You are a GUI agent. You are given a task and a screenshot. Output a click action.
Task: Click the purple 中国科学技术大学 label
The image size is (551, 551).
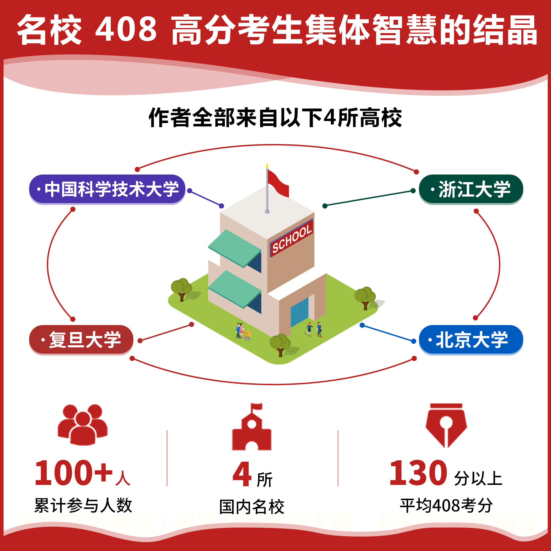point(107,189)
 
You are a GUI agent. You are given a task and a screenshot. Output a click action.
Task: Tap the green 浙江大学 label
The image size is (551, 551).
point(471,189)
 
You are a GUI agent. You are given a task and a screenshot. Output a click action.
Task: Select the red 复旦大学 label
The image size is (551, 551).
point(81,339)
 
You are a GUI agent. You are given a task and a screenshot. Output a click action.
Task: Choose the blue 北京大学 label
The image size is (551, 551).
point(471,339)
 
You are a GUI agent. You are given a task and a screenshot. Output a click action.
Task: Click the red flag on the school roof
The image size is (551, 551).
point(278,184)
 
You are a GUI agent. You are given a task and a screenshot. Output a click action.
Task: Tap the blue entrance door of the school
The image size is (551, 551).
point(299,312)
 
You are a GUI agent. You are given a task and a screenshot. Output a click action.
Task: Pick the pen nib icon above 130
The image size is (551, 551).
point(446,425)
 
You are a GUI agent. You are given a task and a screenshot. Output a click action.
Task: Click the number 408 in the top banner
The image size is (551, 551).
point(126,29)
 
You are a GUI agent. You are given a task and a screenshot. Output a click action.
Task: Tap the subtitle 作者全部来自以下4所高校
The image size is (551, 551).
point(275,118)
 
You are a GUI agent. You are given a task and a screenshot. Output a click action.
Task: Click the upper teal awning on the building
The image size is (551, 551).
point(235,247)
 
